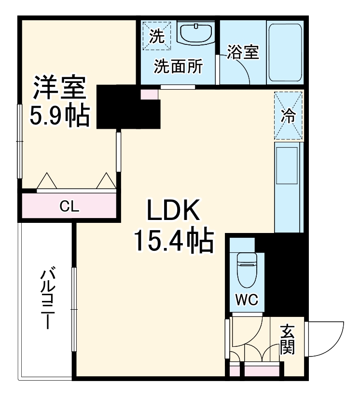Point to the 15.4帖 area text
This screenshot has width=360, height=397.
point(173,241)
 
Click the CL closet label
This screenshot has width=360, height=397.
point(69,206)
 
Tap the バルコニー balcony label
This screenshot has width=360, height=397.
point(46,299)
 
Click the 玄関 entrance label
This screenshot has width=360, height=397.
point(288,340)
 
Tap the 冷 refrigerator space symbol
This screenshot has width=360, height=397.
point(288,116)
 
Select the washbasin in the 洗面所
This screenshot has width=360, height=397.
point(196,34)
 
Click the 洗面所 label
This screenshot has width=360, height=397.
point(178,67)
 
